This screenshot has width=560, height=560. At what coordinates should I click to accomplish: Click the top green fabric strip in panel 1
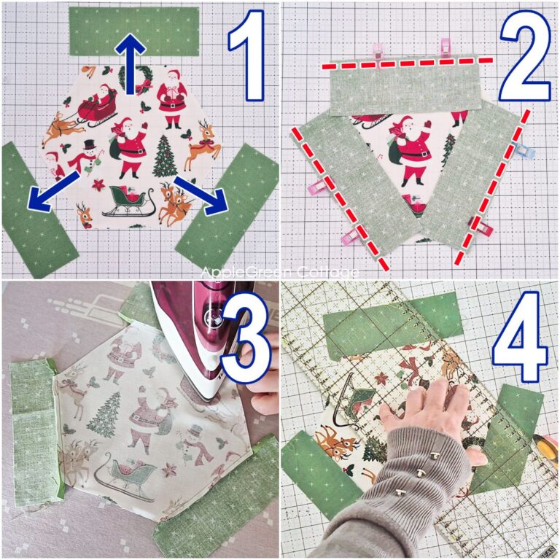tap(134, 31)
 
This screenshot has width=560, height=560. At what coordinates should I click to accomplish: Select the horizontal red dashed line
tap(408, 63)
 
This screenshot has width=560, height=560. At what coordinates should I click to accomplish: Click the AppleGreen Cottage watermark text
tap(280, 273)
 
